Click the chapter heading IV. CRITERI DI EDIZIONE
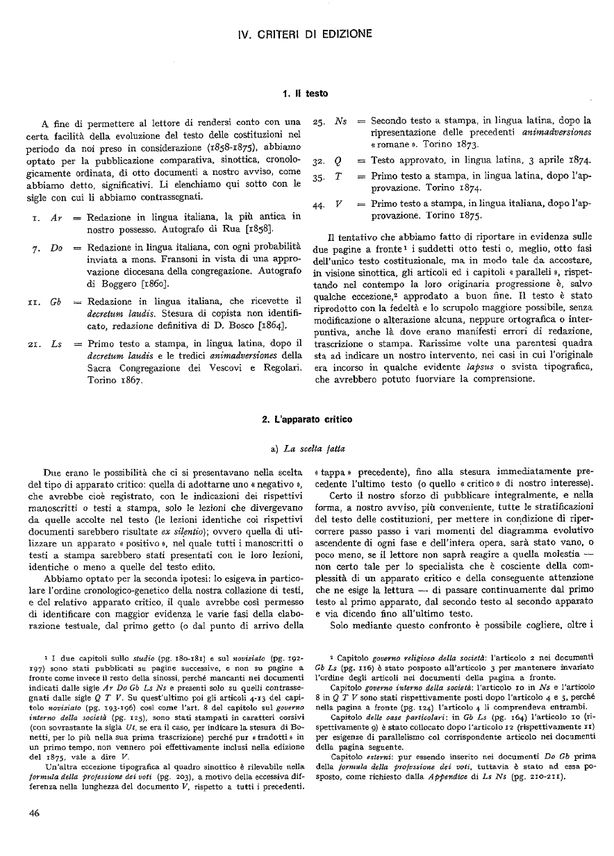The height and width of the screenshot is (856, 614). click(306, 33)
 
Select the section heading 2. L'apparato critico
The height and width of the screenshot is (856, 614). click(306, 419)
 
